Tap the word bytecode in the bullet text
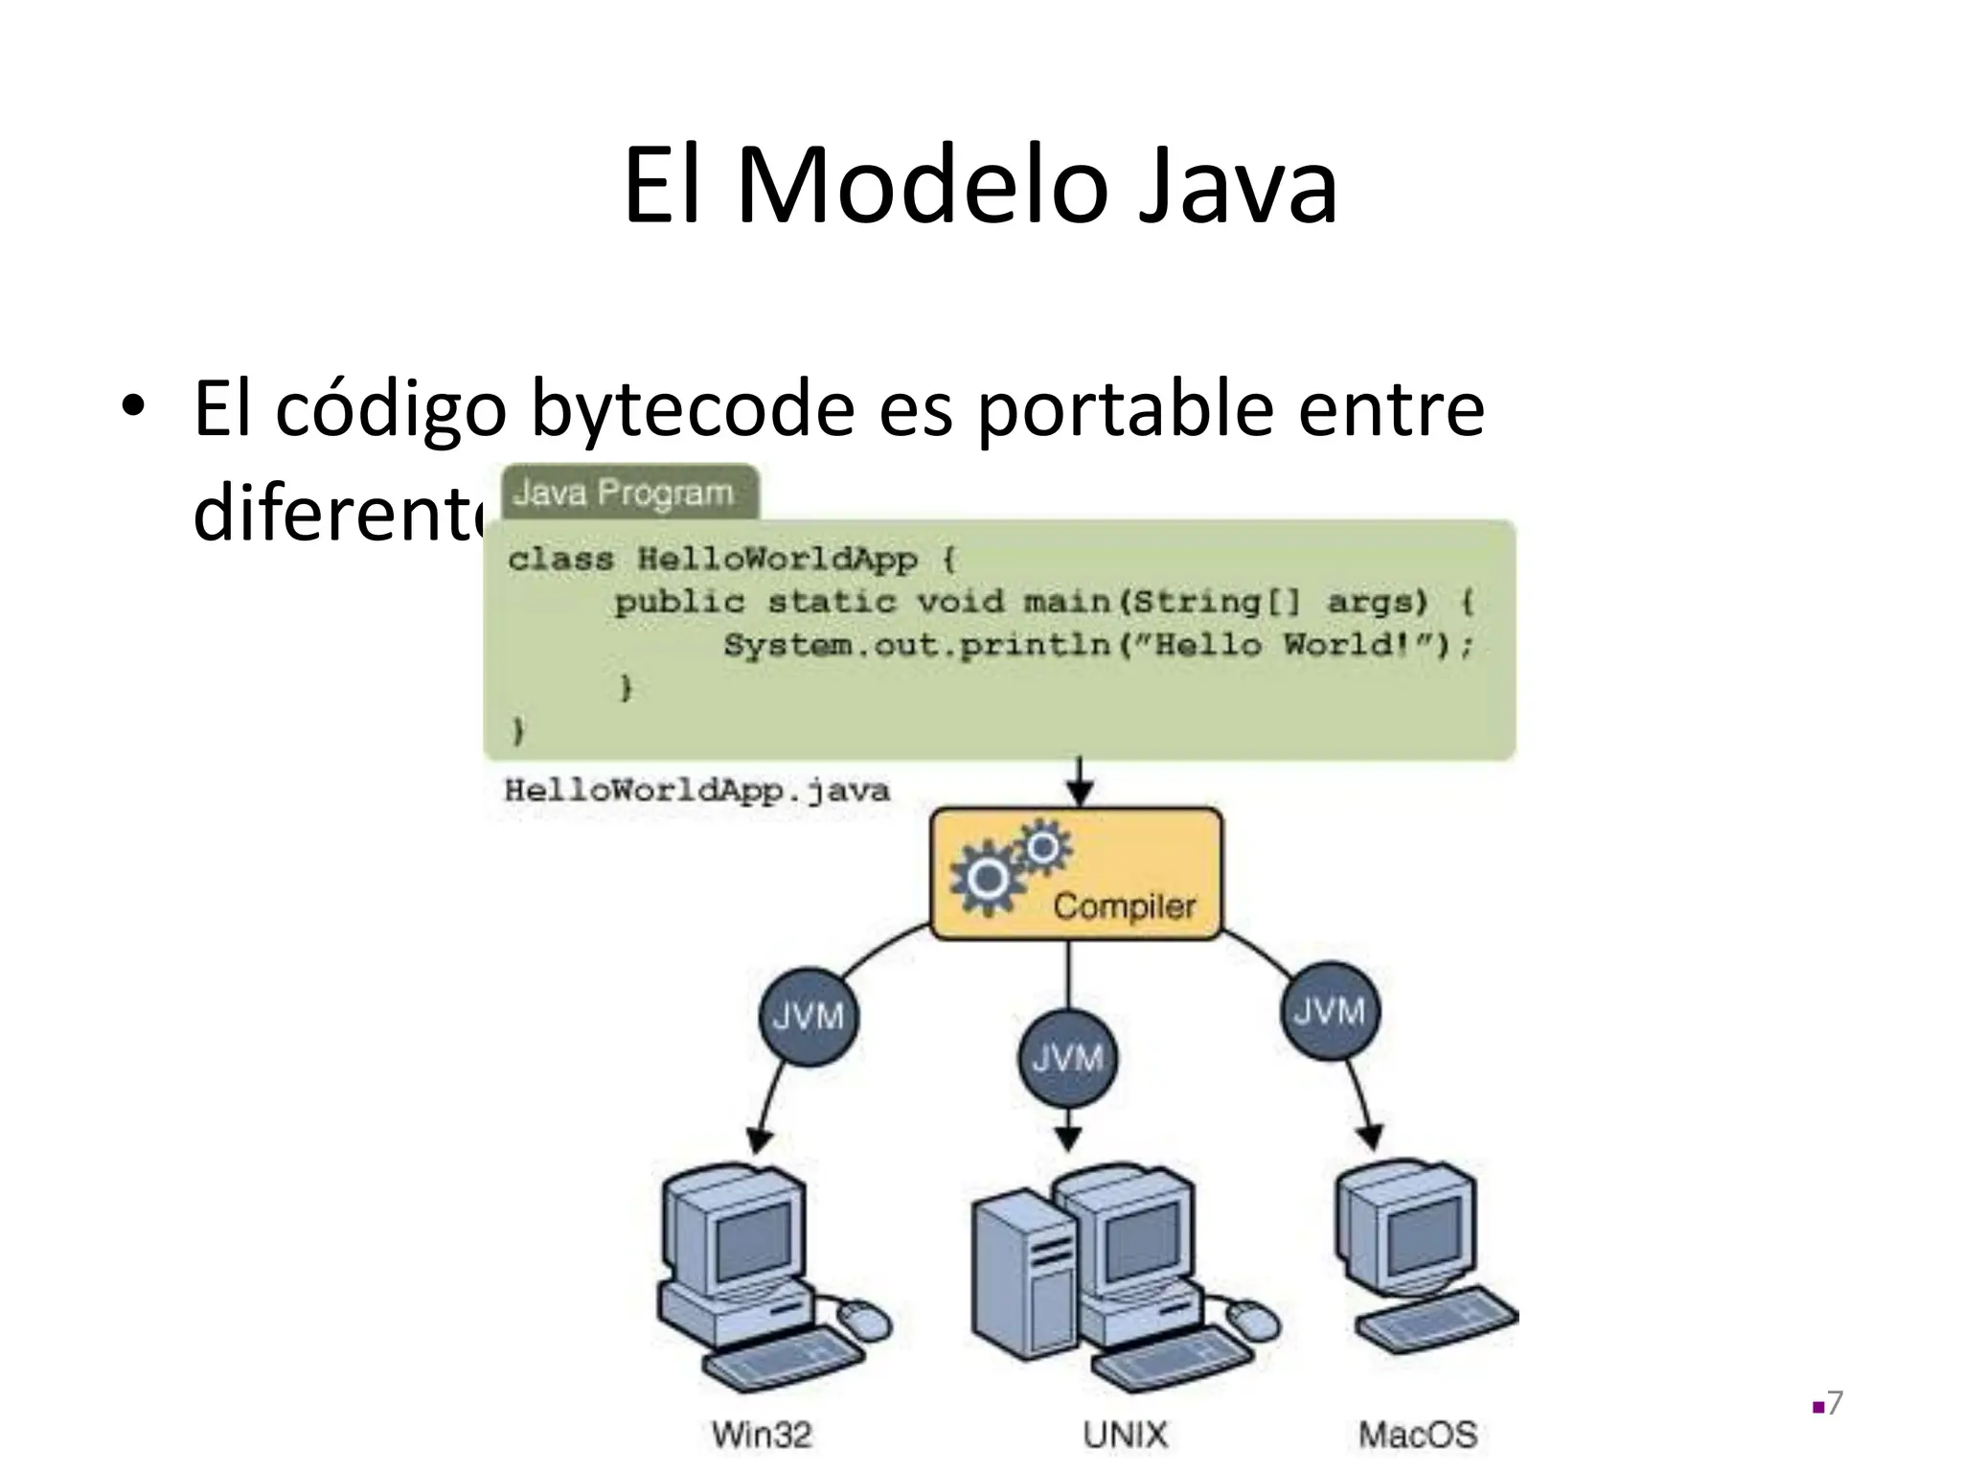click(693, 409)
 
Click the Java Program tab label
click(624, 494)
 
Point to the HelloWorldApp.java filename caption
click(696, 791)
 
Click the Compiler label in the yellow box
click(1124, 906)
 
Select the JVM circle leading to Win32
click(808, 1016)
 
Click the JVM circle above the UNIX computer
click(1068, 1059)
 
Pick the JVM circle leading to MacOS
click(1330, 1011)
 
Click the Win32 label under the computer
click(762, 1435)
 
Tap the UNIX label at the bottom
click(1126, 1435)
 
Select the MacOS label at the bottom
click(1418, 1435)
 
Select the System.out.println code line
click(1097, 645)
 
